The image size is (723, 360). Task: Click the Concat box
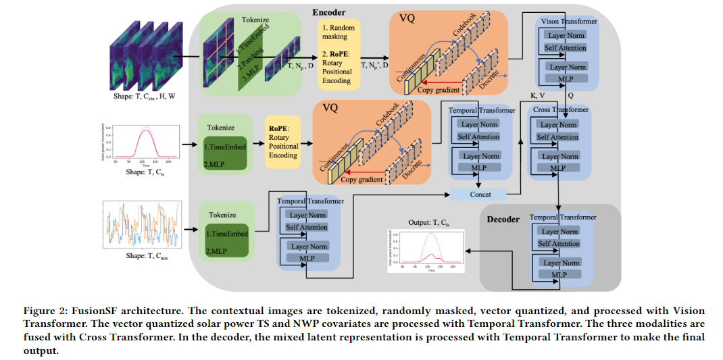coord(480,195)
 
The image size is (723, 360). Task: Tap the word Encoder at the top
coord(329,12)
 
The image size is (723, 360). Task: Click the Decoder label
coord(503,219)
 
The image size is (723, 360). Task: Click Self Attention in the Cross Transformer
coord(557,137)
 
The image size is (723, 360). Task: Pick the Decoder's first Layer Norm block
coord(560,232)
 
